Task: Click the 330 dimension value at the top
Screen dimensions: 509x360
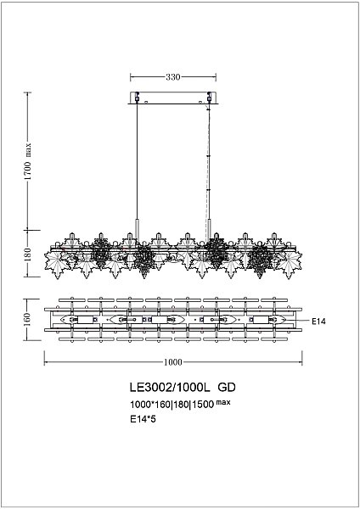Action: click(x=172, y=76)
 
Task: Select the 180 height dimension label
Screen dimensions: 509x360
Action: click(x=28, y=254)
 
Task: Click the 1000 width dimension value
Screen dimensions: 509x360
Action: click(x=172, y=362)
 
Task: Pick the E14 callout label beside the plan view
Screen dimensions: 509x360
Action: click(x=319, y=322)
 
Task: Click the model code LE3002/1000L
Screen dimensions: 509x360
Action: click(x=162, y=387)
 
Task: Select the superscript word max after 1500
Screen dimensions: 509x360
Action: click(x=223, y=400)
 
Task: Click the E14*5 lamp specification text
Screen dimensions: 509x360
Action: click(x=143, y=419)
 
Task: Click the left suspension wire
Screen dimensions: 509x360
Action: click(x=138, y=161)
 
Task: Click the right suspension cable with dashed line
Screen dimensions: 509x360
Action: click(x=207, y=161)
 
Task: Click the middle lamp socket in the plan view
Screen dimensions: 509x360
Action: click(x=172, y=320)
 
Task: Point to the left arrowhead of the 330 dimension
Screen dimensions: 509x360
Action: click(x=132, y=76)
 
